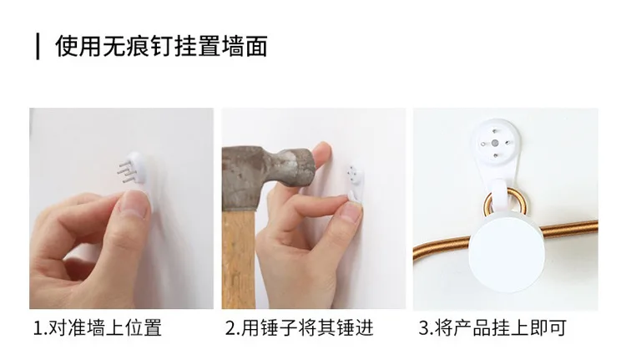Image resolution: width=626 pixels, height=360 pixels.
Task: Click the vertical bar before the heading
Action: coord(38,47)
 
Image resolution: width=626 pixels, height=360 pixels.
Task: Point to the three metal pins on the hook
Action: coord(126,170)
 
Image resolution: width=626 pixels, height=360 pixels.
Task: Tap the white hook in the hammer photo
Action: coord(355,184)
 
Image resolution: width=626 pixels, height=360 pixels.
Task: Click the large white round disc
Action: coord(507,252)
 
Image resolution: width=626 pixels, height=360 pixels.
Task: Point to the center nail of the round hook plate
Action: coord(495,143)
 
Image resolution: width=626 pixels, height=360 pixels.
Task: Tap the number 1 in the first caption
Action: coord(38,328)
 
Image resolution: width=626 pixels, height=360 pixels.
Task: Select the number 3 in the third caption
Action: coord(423,328)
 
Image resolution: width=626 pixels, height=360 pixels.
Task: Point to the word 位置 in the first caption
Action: coord(144,328)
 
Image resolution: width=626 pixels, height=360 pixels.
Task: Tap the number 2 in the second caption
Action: coord(230,328)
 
